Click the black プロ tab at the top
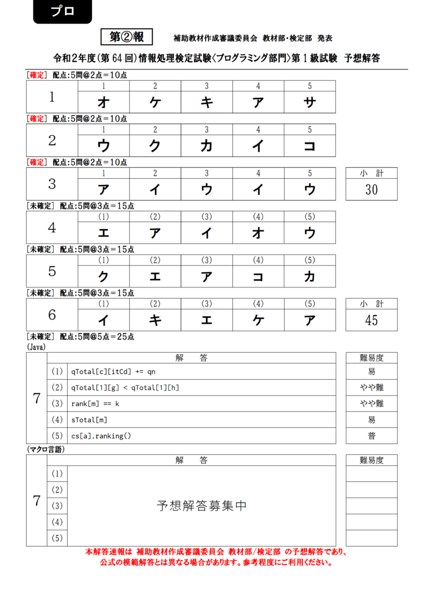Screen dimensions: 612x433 62,12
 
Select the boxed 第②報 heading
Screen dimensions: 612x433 127,37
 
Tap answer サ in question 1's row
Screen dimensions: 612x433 310,102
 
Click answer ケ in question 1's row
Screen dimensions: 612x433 155,102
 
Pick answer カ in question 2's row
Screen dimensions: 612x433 206,146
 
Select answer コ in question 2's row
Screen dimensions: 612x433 310,146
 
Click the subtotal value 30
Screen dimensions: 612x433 372,190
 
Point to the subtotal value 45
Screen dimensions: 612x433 372,321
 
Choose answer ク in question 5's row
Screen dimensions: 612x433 103,277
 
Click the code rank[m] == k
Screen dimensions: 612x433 95,404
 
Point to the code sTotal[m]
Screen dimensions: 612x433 89,420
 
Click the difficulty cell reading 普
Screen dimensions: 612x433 372,436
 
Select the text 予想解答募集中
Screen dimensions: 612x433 201,506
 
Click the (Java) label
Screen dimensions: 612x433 37,348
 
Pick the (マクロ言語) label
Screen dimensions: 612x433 46,449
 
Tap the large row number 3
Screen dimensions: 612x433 52,184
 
